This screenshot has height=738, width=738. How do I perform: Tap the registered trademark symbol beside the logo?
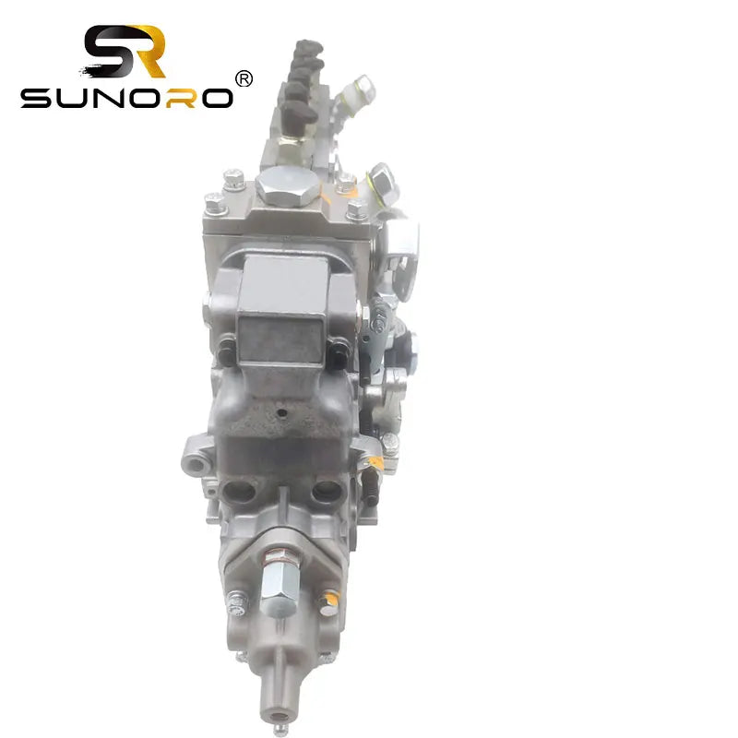point(244,79)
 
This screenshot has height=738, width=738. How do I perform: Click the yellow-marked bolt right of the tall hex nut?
point(326,600)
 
